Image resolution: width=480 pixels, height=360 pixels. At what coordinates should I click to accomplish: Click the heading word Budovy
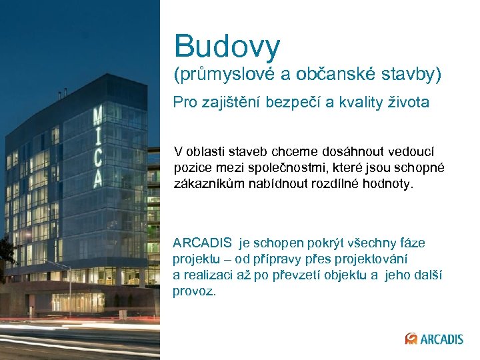tap(227, 46)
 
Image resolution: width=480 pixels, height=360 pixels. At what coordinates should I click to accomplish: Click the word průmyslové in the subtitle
tap(224, 75)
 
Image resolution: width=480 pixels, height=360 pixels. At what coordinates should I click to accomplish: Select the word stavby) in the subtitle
tap(413, 75)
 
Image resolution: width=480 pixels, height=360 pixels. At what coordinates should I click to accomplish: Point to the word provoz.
tap(194, 291)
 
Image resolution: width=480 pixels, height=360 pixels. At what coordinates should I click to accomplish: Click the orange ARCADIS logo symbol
tap(411, 339)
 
